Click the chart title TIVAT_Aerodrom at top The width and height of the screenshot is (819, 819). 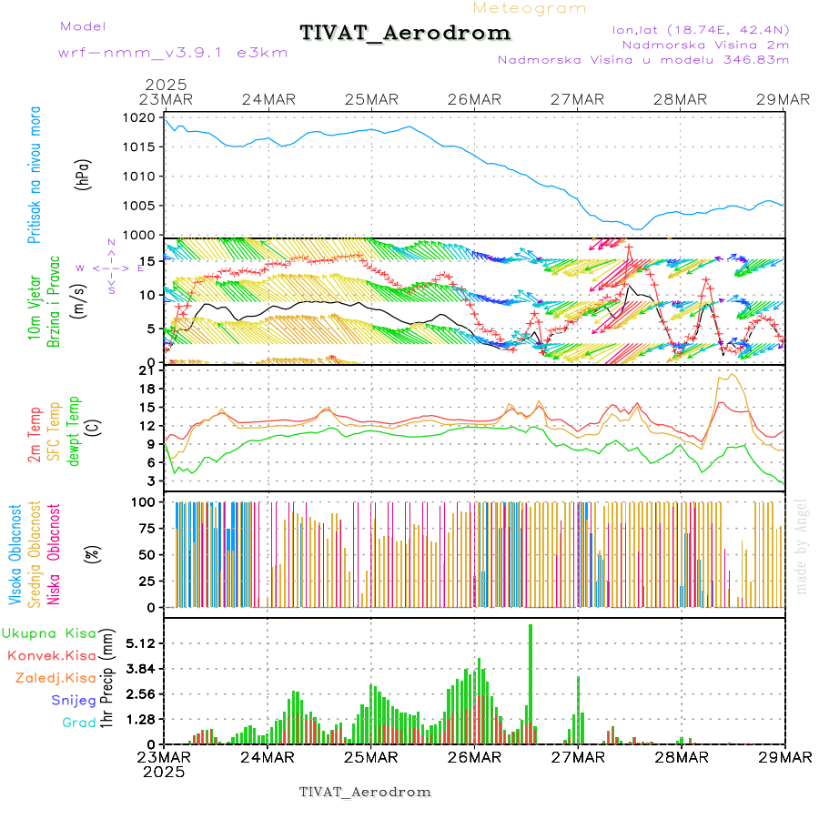405,33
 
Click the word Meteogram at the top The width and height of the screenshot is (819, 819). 531,8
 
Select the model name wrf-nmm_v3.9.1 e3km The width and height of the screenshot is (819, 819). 173,53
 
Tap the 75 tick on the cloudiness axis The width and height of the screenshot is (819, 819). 148,528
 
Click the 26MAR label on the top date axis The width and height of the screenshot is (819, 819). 474,99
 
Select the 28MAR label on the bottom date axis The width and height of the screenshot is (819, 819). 682,756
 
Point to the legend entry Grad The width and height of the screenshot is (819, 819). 78,723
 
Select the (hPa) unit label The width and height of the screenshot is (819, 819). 83,175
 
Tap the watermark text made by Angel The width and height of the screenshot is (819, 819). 802,546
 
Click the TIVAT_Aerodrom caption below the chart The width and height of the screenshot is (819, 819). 365,792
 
